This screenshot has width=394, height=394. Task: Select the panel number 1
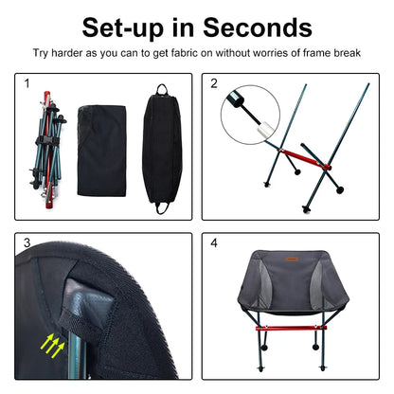pos(27,84)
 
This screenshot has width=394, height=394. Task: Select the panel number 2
pos(214,84)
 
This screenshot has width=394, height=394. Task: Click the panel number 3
pos(27,243)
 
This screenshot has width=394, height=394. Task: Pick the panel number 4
pos(214,243)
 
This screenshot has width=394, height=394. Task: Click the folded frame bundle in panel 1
pos(45,151)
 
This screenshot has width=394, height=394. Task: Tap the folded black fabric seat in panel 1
pos(101,142)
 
